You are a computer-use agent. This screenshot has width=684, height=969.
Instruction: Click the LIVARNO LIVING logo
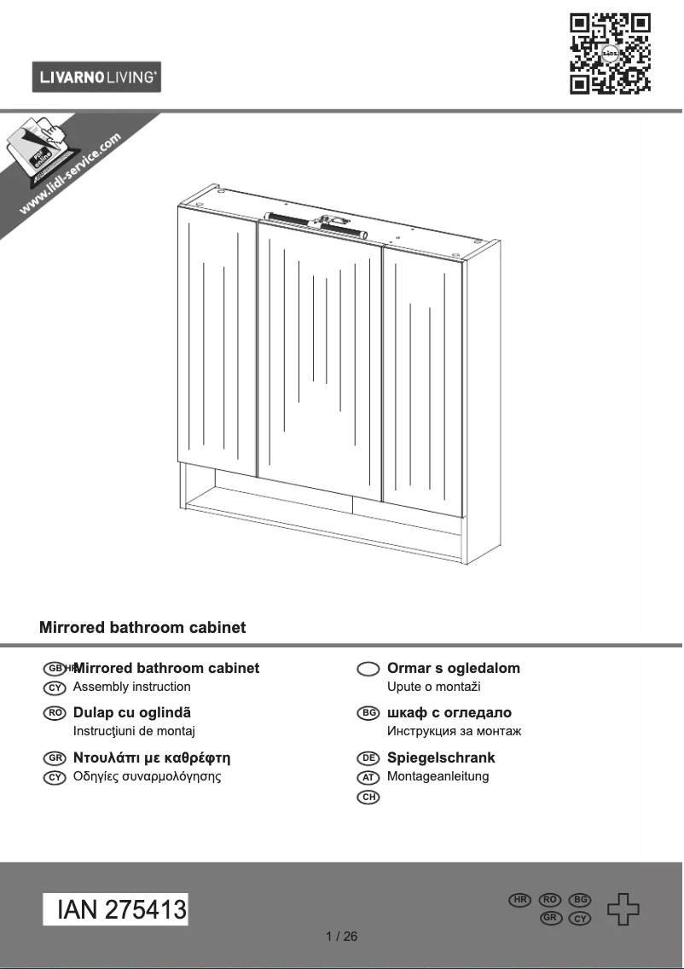[96, 78]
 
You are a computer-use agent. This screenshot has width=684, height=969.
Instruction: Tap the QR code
[610, 53]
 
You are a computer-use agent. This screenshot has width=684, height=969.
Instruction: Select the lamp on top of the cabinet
[315, 223]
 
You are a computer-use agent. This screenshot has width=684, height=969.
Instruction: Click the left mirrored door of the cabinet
[217, 341]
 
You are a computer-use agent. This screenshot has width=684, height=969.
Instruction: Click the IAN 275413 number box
[116, 910]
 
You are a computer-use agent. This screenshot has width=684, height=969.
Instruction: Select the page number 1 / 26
[342, 937]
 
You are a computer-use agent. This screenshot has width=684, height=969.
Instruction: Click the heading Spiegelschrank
[441, 757]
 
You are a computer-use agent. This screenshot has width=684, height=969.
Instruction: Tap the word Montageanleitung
[438, 776]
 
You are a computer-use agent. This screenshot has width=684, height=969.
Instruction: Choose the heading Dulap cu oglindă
[132, 712]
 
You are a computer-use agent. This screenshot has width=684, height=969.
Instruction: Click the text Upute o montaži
[434, 687]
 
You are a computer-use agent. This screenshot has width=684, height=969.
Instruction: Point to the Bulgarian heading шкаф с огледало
[449, 712]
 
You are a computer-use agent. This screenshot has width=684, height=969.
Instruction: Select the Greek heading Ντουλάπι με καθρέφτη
[152, 757]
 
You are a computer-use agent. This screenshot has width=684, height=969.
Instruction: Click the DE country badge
[368, 757]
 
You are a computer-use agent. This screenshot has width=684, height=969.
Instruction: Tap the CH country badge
[368, 797]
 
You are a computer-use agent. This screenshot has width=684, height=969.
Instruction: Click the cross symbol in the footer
[623, 909]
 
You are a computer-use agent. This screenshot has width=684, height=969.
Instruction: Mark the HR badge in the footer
[519, 900]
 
